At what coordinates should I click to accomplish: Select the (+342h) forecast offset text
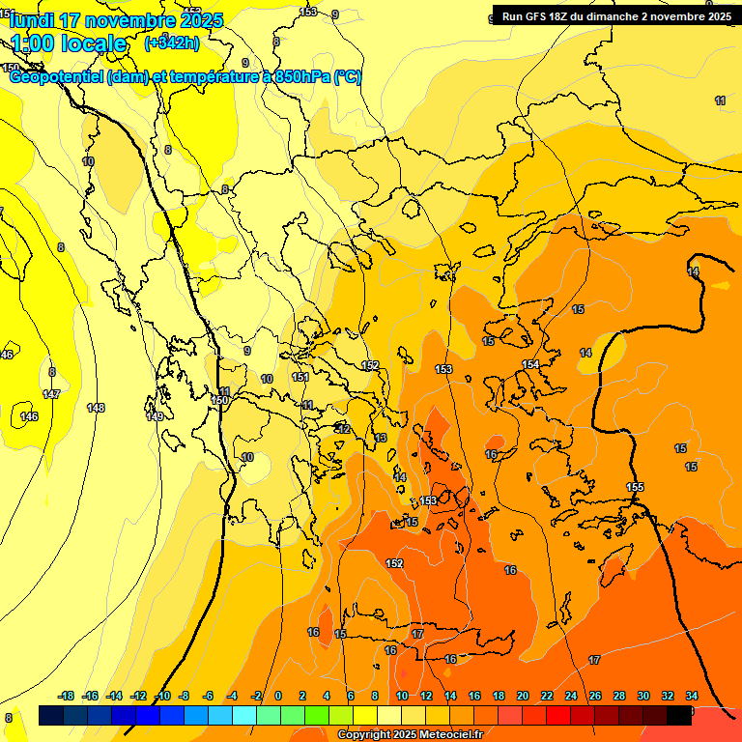point(172,43)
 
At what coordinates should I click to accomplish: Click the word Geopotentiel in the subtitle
point(56,76)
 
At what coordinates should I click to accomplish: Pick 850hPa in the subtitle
point(302,76)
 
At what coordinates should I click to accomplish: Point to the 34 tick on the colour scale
point(692,696)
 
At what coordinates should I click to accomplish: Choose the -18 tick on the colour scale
point(66,696)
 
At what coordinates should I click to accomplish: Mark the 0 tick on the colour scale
point(278,696)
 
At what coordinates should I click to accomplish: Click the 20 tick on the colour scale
point(523,696)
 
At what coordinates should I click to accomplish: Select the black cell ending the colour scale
point(679,715)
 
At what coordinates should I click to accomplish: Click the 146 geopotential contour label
point(29,416)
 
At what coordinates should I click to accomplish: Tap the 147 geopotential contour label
point(51,394)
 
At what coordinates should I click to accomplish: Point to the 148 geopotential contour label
point(95,408)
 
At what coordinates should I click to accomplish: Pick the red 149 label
point(155,416)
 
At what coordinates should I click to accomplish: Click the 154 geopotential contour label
point(530,364)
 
